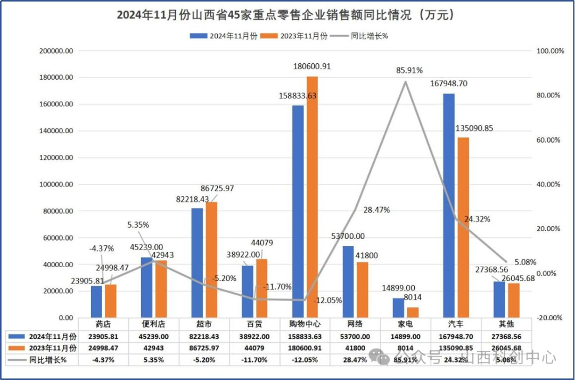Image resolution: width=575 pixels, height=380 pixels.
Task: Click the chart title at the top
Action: [287, 15]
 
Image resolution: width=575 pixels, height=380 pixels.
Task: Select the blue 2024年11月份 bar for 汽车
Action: [449, 205]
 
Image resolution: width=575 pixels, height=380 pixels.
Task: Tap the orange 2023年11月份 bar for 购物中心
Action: [312, 197]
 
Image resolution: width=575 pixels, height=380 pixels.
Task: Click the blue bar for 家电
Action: [398, 308]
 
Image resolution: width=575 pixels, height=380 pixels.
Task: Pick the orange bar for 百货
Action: [261, 288]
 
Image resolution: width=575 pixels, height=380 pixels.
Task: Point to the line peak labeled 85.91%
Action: [406, 81]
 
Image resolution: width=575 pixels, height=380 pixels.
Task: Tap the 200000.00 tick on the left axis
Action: [56, 51]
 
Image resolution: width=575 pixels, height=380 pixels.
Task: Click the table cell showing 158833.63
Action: [305, 336]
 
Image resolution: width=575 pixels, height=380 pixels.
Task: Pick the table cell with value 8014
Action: [406, 348]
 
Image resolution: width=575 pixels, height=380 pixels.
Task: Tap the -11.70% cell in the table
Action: [254, 360]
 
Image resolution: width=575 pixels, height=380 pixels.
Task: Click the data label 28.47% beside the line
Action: [376, 210]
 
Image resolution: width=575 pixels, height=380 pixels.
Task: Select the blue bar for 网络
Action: [348, 282]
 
